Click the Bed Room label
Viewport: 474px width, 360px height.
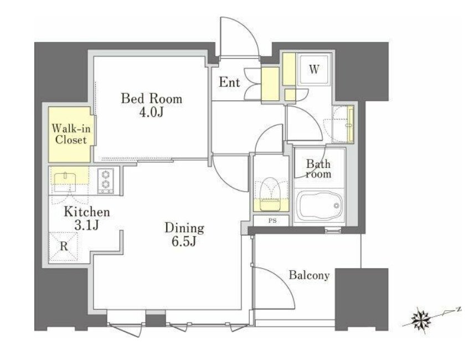click(x=152, y=99)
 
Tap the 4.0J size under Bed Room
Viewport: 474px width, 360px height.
click(x=151, y=112)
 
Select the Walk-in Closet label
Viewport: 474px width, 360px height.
click(x=71, y=134)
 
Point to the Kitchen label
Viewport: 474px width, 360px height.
click(x=87, y=212)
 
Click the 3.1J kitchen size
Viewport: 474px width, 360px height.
click(x=86, y=225)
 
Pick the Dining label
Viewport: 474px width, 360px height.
click(x=184, y=228)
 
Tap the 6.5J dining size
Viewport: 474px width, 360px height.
click(x=184, y=241)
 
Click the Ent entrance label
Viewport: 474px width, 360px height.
click(x=229, y=82)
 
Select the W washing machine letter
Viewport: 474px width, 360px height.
click(x=314, y=70)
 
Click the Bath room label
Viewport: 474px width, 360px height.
click(x=318, y=169)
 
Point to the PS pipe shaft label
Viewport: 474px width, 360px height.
click(x=272, y=220)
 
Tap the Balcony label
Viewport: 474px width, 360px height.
click(x=309, y=275)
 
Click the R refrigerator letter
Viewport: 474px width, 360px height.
click(x=64, y=246)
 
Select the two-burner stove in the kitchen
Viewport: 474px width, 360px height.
click(x=106, y=181)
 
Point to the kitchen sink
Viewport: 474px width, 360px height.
click(x=66, y=181)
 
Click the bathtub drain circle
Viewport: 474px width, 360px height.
click(x=337, y=206)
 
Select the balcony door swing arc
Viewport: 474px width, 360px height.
click(x=284, y=281)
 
